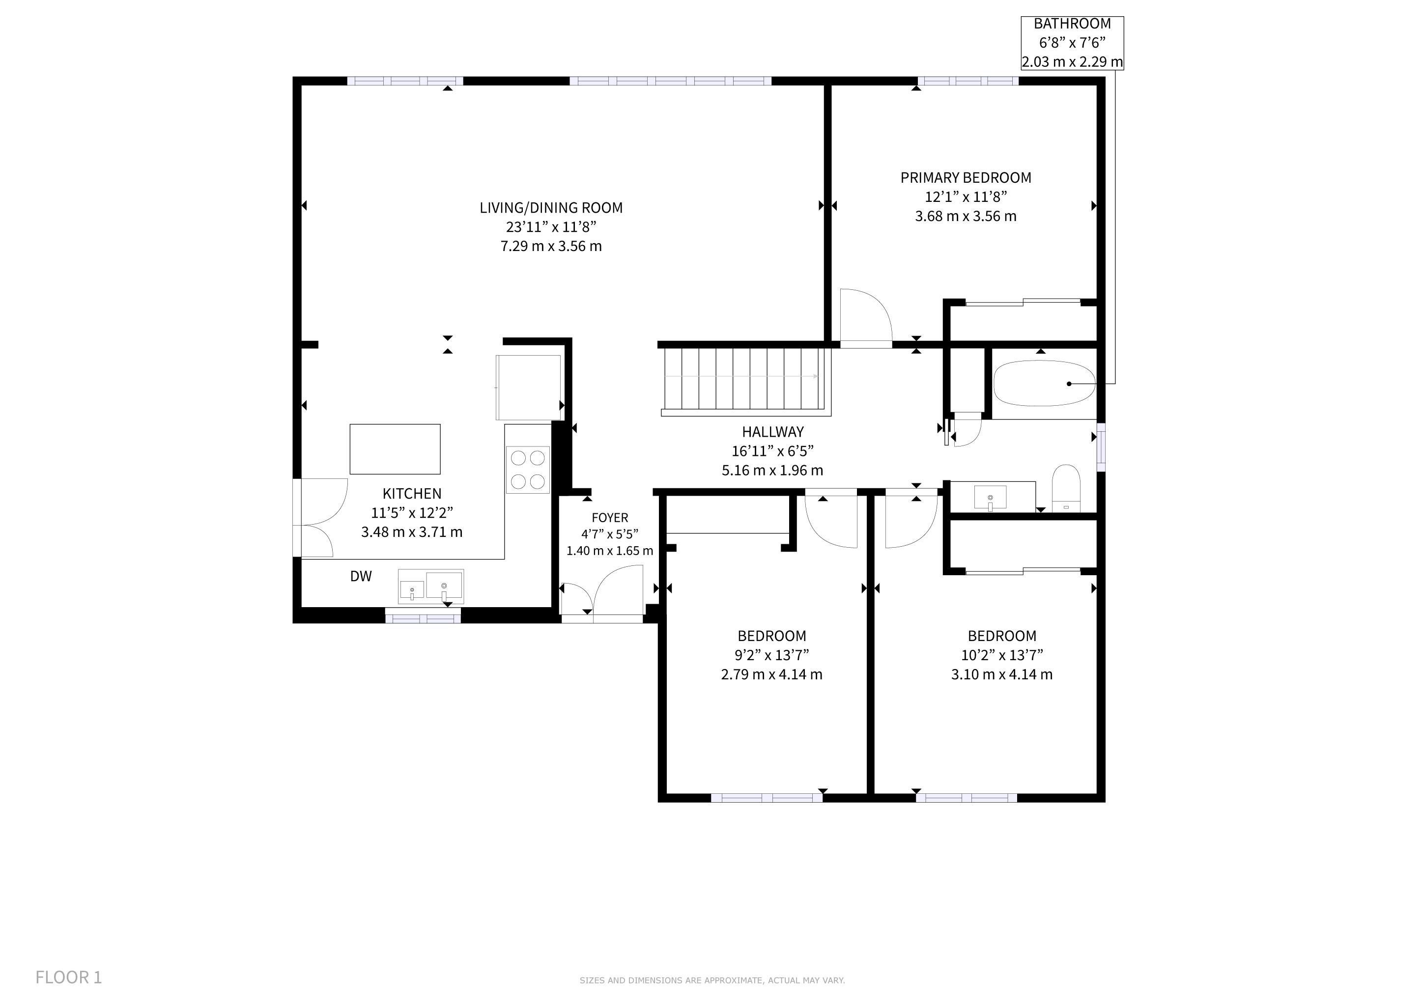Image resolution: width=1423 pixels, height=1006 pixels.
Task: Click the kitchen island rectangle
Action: tap(396, 449)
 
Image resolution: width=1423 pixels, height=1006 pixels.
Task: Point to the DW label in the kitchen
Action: tap(361, 576)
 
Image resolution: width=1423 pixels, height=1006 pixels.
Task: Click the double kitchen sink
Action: tap(431, 586)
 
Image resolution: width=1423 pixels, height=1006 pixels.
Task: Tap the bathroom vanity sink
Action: tap(991, 498)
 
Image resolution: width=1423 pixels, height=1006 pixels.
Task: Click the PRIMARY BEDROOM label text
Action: tap(966, 178)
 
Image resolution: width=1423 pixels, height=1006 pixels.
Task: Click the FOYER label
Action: tap(610, 518)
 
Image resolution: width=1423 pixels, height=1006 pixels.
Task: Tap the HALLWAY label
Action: tap(773, 432)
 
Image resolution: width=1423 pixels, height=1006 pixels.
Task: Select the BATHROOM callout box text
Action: tap(1072, 43)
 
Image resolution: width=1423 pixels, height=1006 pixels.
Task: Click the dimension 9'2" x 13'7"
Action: tap(771, 655)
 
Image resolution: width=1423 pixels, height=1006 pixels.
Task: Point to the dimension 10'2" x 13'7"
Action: tap(1002, 655)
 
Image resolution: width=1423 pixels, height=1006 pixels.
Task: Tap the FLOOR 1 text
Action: tap(69, 978)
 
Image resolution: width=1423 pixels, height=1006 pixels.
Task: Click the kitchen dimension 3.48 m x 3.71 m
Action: tap(412, 532)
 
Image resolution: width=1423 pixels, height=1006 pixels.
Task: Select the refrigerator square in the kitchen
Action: tap(529, 387)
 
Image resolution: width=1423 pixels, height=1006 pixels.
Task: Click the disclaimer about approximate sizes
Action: tap(712, 980)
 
